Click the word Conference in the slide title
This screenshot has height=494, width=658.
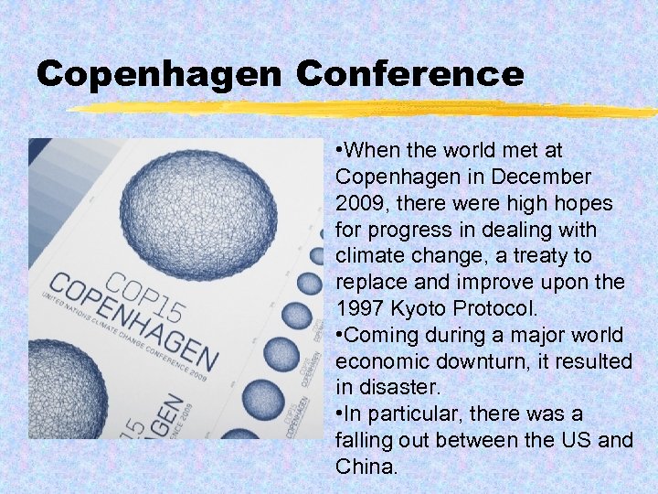pyautogui.click(x=410, y=72)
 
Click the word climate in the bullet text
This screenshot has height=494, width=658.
pyautogui.click(x=369, y=255)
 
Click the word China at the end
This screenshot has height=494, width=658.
pyautogui.click(x=365, y=467)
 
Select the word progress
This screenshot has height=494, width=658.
pyautogui.click(x=407, y=229)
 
